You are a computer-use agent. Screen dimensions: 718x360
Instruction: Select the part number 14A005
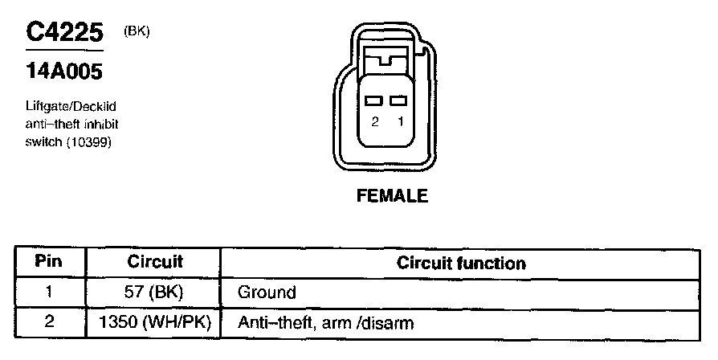[65, 72]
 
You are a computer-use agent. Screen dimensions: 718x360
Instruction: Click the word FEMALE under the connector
[392, 196]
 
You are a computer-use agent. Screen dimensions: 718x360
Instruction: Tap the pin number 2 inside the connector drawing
[374, 122]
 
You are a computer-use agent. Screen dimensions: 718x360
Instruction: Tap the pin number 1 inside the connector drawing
[398, 122]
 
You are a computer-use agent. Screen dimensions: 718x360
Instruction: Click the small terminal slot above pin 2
[373, 101]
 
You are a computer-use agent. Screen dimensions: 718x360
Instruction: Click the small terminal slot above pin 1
[398, 101]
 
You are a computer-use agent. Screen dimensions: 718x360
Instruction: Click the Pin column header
[50, 262]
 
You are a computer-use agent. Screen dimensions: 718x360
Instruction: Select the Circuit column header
[155, 262]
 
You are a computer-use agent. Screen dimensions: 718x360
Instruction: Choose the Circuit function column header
[462, 263]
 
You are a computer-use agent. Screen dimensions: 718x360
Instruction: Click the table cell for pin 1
[50, 292]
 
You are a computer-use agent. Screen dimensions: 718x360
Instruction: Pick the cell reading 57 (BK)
[155, 292]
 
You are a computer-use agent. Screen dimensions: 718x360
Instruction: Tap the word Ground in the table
[267, 292]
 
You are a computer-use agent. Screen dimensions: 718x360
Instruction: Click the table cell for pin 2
[50, 323]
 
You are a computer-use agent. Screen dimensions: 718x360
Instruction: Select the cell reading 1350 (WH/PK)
[155, 323]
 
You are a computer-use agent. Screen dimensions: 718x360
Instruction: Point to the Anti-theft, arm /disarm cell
[325, 323]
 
